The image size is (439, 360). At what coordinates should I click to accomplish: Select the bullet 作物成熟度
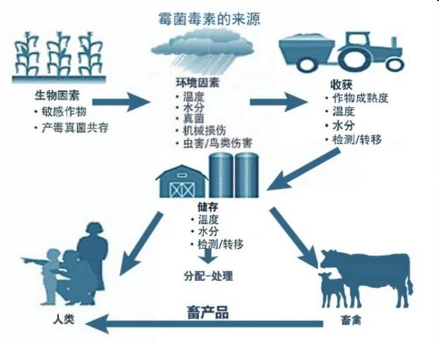(360, 100)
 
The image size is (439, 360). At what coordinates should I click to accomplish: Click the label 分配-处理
(210, 277)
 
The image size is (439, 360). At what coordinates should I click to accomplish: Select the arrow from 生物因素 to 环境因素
(122, 103)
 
